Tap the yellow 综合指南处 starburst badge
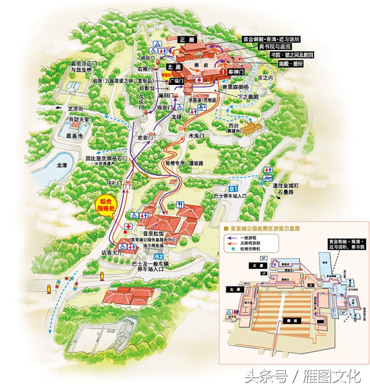click(x=102, y=206)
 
